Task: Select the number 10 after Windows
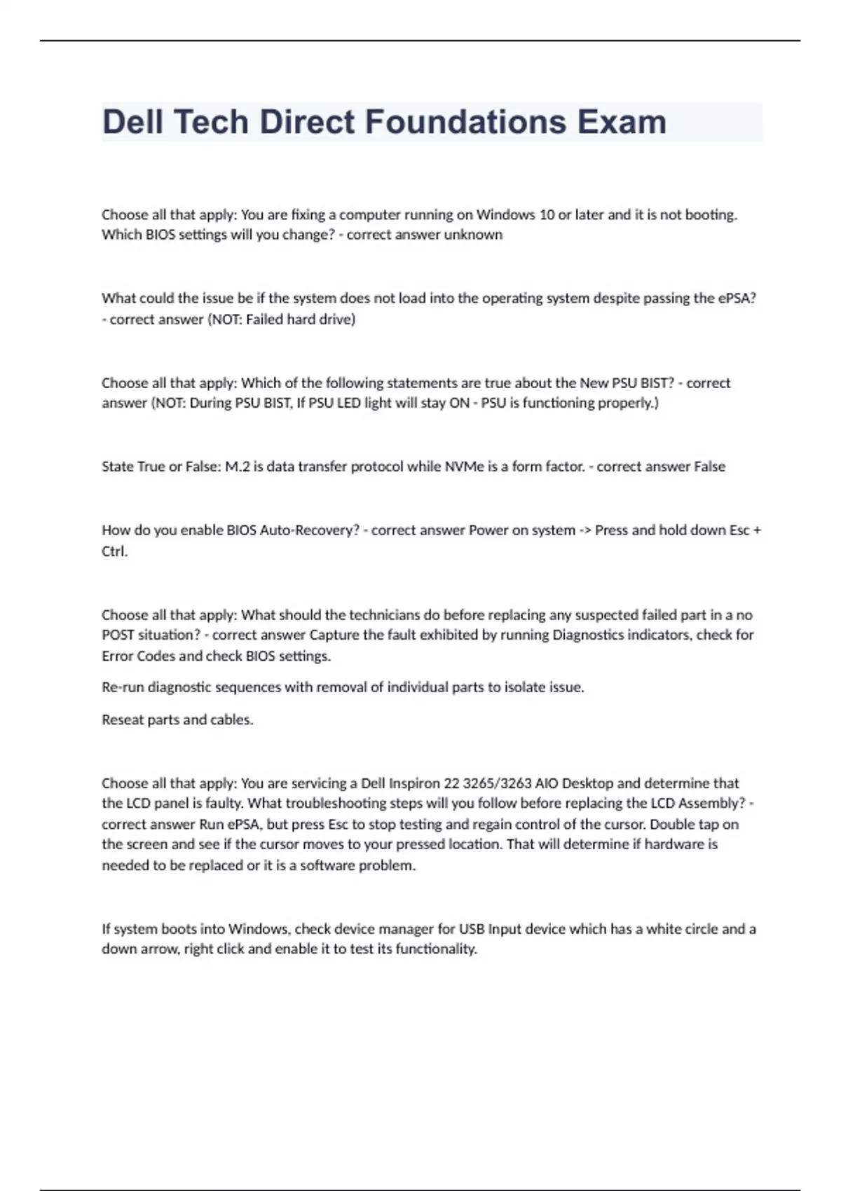[x=547, y=214]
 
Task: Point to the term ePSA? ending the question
[x=737, y=298]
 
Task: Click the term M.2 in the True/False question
[x=237, y=467]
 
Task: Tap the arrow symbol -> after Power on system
[x=584, y=530]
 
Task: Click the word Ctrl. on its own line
[x=115, y=551]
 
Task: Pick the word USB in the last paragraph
[x=471, y=929]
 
